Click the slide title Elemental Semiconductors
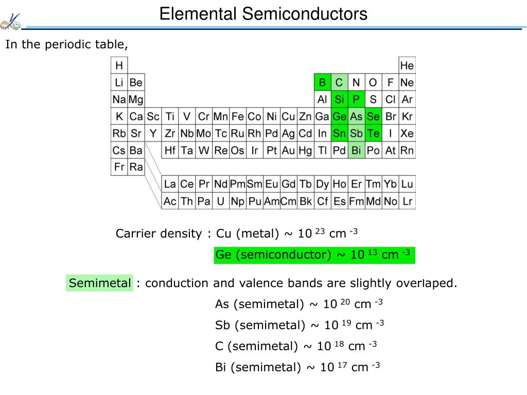(x=263, y=14)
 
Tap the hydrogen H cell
(x=119, y=65)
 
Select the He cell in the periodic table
(x=407, y=65)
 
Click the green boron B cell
(x=322, y=82)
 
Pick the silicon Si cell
(x=339, y=99)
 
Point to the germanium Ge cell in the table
(x=339, y=116)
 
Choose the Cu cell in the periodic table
(x=288, y=116)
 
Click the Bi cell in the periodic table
(x=356, y=150)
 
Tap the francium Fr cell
(x=119, y=167)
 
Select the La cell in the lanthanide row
(x=170, y=184)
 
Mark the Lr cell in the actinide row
(x=407, y=201)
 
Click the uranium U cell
(x=220, y=201)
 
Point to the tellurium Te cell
(x=373, y=133)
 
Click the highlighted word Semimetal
(x=100, y=283)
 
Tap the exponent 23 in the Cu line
(x=320, y=231)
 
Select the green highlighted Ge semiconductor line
(x=314, y=255)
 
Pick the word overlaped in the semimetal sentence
(x=427, y=283)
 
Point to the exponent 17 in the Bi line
(x=342, y=364)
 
